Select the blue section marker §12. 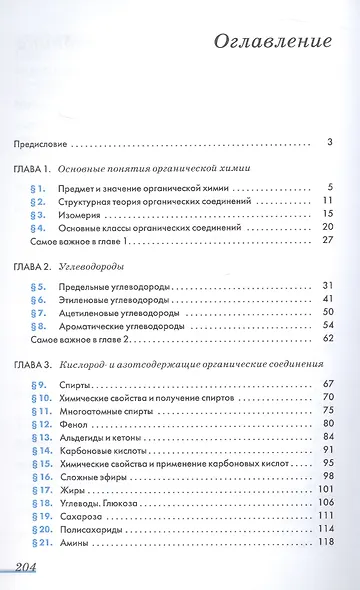pos(36,424)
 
